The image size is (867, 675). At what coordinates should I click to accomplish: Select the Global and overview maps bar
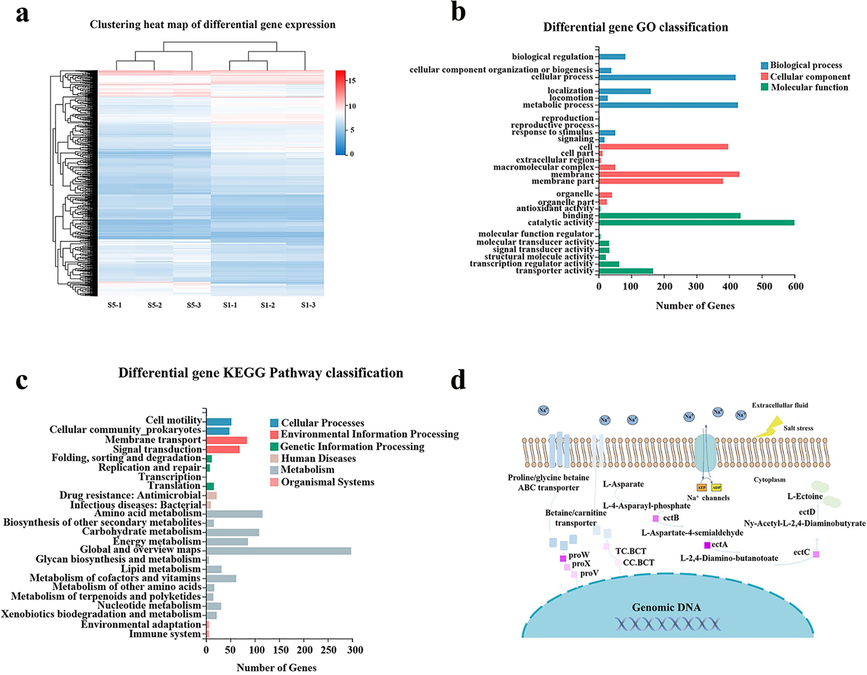click(x=279, y=551)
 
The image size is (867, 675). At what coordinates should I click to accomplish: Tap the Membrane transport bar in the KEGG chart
click(x=226, y=440)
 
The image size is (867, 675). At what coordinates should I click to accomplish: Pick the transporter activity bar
click(x=626, y=271)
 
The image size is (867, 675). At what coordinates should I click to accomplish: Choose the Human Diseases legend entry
click(x=318, y=459)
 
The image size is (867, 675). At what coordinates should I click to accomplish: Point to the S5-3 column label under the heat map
click(x=194, y=305)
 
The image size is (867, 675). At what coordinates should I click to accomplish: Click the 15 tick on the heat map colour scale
click(x=352, y=81)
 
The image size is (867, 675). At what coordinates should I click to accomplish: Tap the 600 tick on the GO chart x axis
click(x=796, y=287)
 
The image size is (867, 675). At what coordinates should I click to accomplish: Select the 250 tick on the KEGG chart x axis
click(x=329, y=650)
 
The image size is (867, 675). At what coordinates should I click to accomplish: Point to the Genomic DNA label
click(x=666, y=607)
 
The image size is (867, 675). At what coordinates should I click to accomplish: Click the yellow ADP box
click(x=716, y=488)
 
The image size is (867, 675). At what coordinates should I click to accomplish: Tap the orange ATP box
click(x=701, y=488)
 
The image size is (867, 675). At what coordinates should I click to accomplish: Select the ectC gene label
click(x=802, y=552)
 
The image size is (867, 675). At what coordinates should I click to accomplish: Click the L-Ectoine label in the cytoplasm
click(x=805, y=496)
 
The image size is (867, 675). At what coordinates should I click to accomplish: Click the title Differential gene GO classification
click(x=635, y=27)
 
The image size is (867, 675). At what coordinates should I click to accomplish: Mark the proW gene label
click(x=579, y=555)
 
